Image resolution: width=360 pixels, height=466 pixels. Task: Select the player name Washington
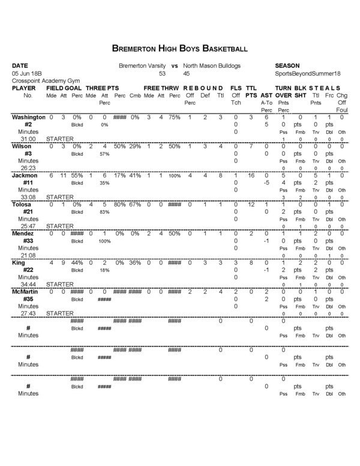pos(28,116)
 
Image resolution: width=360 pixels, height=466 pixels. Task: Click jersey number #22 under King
pos(28,270)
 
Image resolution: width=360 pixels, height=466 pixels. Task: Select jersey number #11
pos(28,183)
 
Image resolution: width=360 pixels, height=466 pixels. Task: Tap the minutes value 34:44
pos(28,284)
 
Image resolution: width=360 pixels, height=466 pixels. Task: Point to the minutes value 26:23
pos(28,168)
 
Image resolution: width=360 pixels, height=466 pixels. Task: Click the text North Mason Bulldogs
pos(212,65)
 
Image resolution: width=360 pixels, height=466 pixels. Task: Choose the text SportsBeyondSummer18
pos(306,73)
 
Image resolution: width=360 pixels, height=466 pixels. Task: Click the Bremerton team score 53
pos(162,73)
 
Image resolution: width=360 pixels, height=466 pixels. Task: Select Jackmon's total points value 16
pos(251,175)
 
